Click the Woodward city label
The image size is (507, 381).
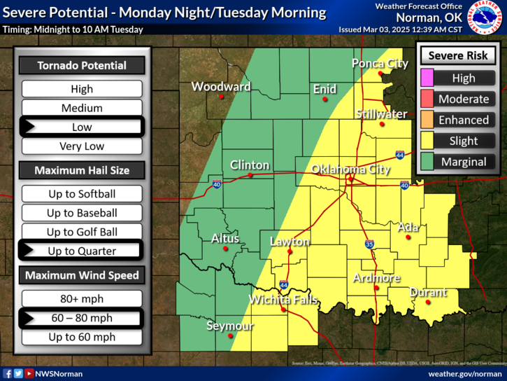point(221,87)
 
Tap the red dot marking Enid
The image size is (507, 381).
point(325,99)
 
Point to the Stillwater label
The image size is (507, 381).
point(381,113)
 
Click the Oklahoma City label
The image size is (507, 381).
point(350,169)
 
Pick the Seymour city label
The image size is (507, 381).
point(230,326)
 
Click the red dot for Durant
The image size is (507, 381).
point(428,302)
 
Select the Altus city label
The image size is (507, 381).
point(225,239)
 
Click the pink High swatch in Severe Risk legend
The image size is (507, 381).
point(426,78)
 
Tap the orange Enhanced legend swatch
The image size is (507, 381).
point(426,120)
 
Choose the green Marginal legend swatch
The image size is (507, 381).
point(426,162)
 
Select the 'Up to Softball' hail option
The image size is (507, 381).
point(82,194)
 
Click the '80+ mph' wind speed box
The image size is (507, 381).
point(82,299)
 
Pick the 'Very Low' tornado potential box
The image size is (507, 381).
point(82,146)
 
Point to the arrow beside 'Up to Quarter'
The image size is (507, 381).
point(30,251)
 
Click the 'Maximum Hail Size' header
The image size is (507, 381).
point(82,170)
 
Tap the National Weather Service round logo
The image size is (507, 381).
point(485,18)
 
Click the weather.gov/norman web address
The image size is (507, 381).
point(465,374)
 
